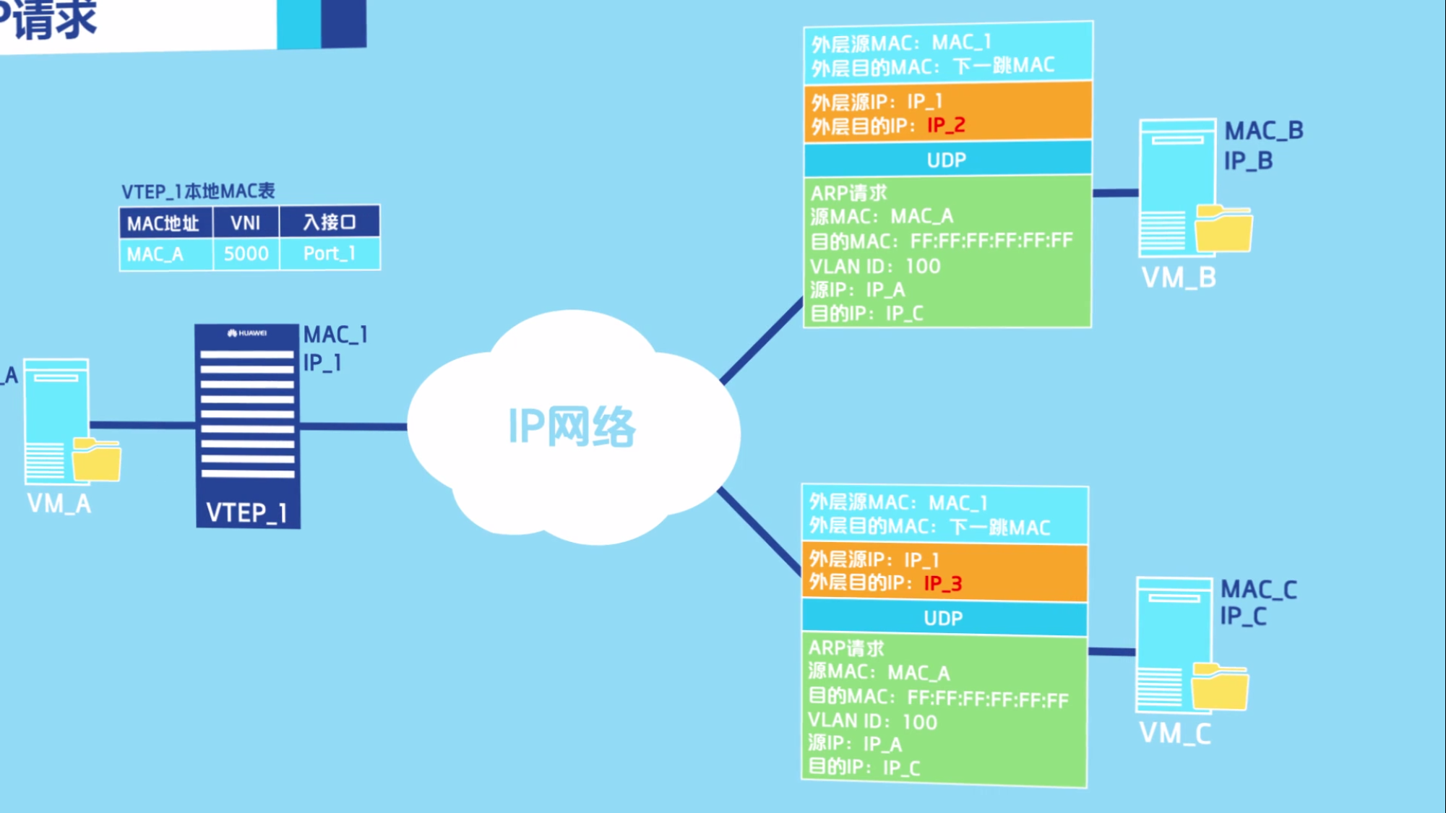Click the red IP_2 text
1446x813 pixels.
(946, 125)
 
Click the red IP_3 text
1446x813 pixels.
(942, 583)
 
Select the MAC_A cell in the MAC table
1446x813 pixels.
(155, 254)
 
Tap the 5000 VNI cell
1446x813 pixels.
(246, 254)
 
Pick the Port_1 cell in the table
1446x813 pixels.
(330, 254)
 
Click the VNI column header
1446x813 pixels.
(246, 223)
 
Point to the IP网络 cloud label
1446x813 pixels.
(572, 426)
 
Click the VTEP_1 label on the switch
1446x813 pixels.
(247, 512)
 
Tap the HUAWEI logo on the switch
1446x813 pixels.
(247, 333)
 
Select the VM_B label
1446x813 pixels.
(1179, 278)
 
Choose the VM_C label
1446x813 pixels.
(1175, 734)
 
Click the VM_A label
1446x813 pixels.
(59, 504)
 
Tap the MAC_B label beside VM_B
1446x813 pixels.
(1264, 131)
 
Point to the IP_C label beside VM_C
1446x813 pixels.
(1243, 616)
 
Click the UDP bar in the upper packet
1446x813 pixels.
(947, 160)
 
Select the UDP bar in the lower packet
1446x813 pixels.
(943, 618)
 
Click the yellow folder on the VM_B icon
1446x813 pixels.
(1223, 229)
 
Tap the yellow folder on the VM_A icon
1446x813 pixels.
(97, 460)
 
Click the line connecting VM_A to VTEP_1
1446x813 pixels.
(142, 425)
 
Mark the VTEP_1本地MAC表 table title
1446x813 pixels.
(198, 192)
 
